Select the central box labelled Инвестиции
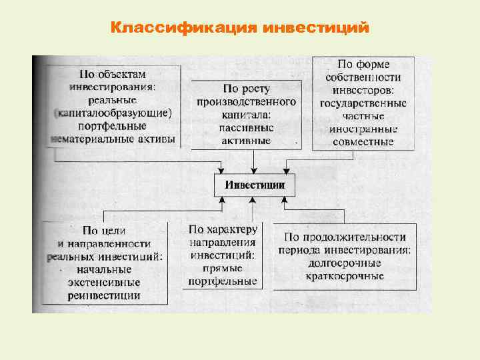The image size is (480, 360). [255, 185]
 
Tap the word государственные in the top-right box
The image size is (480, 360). [363, 103]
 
